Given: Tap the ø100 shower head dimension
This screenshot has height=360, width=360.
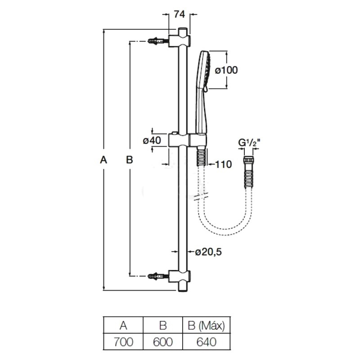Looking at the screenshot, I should tap(226, 70).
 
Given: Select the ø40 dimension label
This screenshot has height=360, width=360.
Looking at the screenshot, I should tap(152, 140).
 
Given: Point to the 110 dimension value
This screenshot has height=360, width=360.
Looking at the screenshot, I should tap(223, 164).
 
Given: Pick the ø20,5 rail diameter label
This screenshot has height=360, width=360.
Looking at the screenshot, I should tap(209, 252).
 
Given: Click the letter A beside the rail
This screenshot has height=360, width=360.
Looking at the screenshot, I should tap(103, 159).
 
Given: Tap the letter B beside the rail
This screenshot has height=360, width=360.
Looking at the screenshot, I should tap(129, 159).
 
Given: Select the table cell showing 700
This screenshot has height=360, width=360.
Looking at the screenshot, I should tap(123, 342).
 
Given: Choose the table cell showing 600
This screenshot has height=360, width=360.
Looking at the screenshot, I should tap(162, 342).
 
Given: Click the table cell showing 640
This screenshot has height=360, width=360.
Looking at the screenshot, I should tap(205, 342).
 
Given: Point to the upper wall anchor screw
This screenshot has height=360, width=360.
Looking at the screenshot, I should tap(157, 41).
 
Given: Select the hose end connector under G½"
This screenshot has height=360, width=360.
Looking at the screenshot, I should tap(249, 162).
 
